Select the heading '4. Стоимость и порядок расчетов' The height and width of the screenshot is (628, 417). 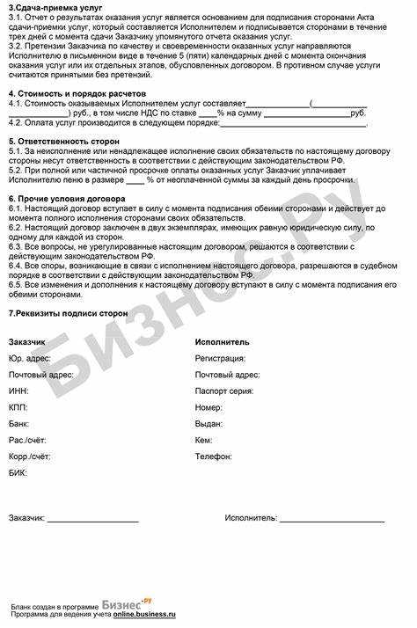77,92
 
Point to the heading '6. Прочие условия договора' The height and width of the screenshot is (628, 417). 65,199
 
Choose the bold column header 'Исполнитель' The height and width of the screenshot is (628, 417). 222,341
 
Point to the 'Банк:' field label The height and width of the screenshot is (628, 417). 19,424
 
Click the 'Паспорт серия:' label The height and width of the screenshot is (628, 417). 226,391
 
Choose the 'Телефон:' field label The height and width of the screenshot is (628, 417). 214,456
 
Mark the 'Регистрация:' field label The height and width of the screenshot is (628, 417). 221,358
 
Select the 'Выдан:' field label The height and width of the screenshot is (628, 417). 210,424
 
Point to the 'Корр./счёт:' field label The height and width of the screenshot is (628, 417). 29,456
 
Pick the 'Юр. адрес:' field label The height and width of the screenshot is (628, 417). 29,358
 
